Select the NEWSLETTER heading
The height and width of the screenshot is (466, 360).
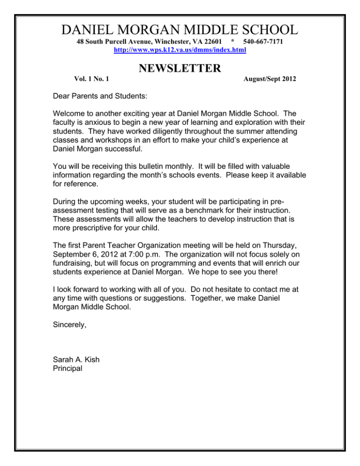180,69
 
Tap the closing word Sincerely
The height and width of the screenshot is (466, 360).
73,335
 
